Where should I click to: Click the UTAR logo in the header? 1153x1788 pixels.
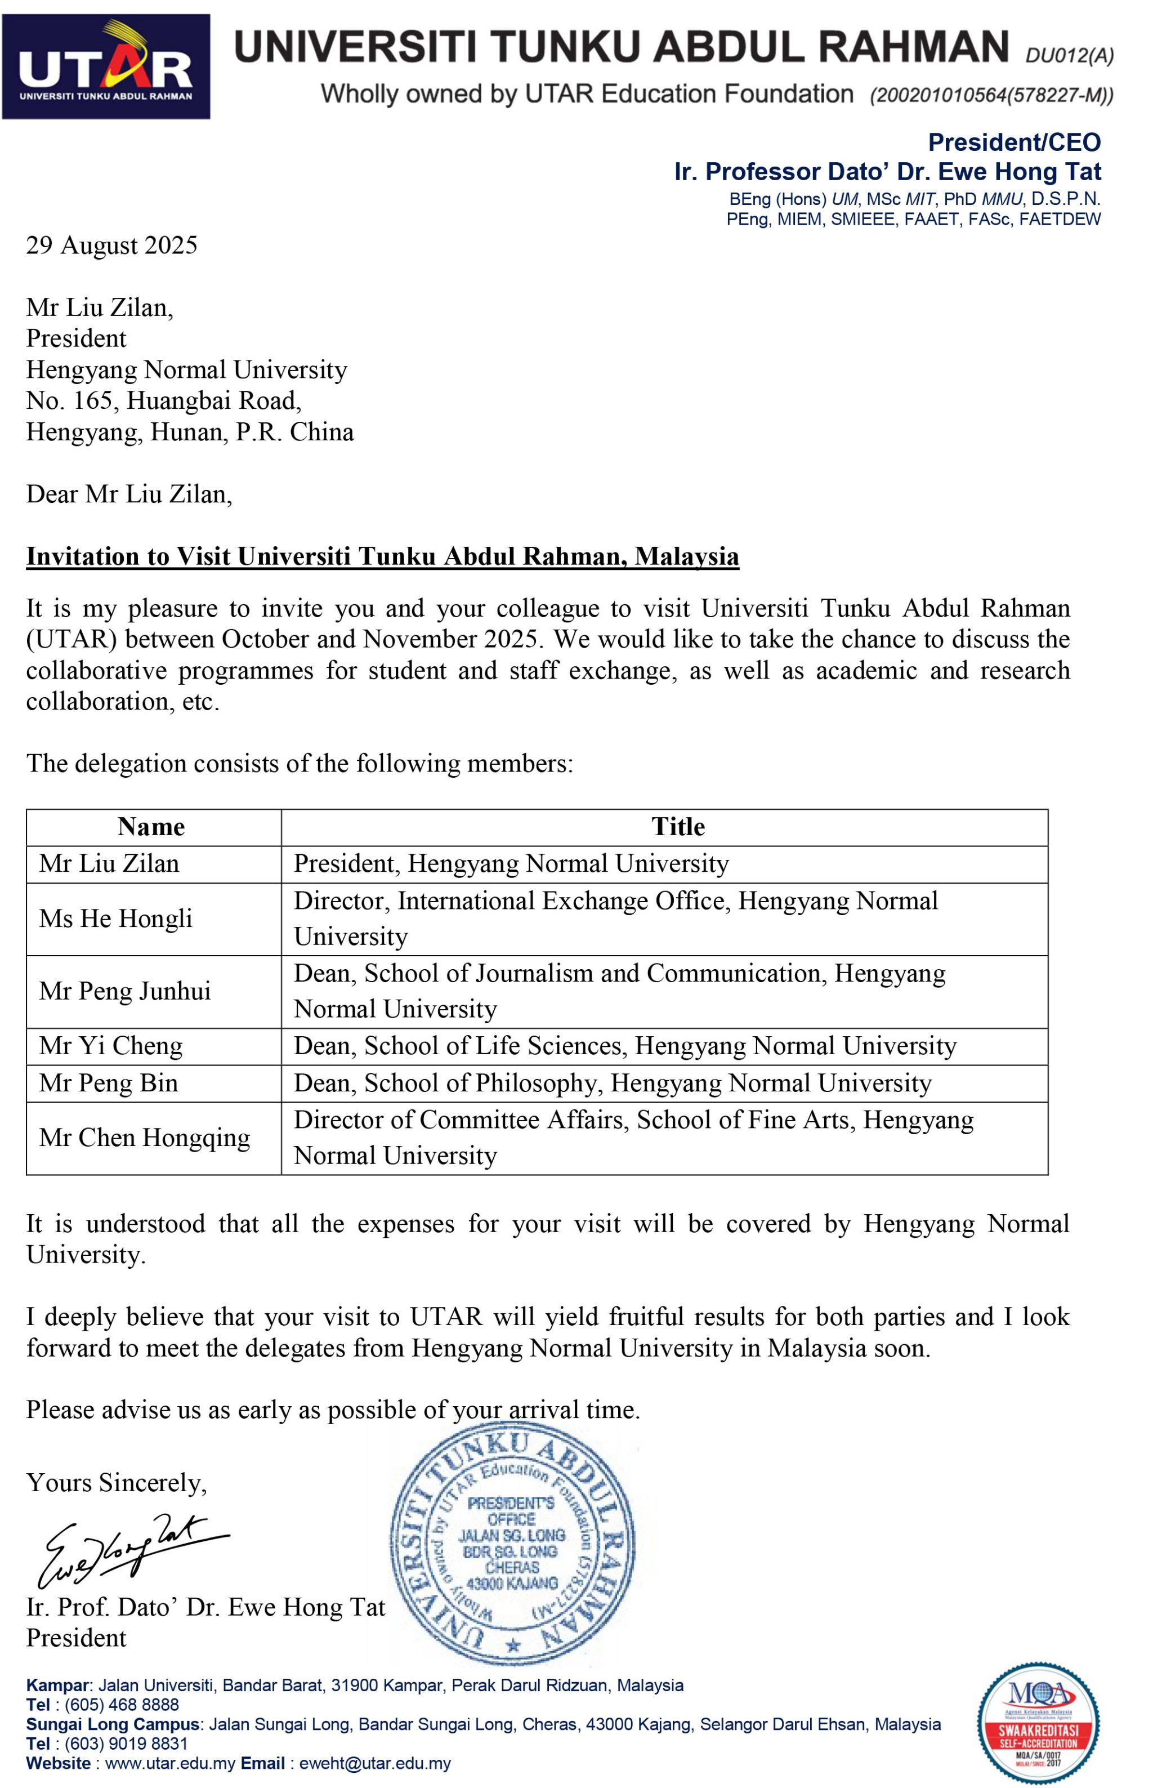(106, 66)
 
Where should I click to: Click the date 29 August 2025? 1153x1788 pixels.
(111, 245)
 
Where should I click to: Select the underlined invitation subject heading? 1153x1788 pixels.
(383, 556)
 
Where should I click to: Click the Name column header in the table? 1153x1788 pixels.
(151, 827)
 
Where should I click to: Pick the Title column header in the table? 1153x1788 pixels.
(678, 827)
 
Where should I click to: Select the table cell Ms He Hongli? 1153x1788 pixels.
(116, 918)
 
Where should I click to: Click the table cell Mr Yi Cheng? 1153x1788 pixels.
(111, 1045)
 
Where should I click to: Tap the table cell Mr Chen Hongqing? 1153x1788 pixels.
(145, 1138)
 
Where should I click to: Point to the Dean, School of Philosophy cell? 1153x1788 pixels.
(613, 1083)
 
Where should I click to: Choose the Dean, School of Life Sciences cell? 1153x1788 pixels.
(624, 1045)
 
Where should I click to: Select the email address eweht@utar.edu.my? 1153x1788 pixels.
(375, 1763)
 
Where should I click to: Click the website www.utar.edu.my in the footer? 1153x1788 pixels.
(170, 1763)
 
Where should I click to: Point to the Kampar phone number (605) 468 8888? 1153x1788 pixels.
(122, 1705)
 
